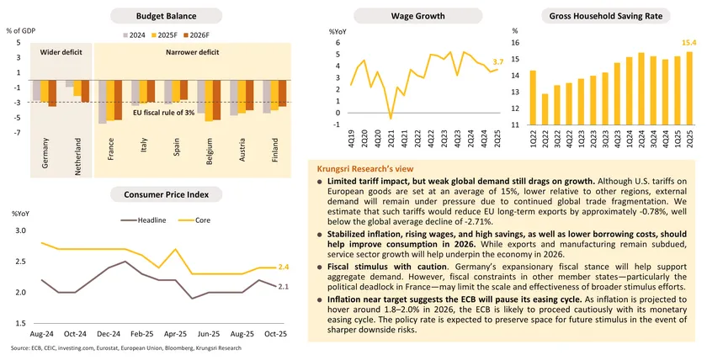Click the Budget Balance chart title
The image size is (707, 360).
pos(167,16)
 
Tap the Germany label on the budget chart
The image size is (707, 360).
pos(44,151)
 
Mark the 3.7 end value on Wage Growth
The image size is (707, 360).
pos(498,62)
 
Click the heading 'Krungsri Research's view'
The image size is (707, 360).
pos(364,168)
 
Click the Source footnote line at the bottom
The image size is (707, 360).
pos(126,347)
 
